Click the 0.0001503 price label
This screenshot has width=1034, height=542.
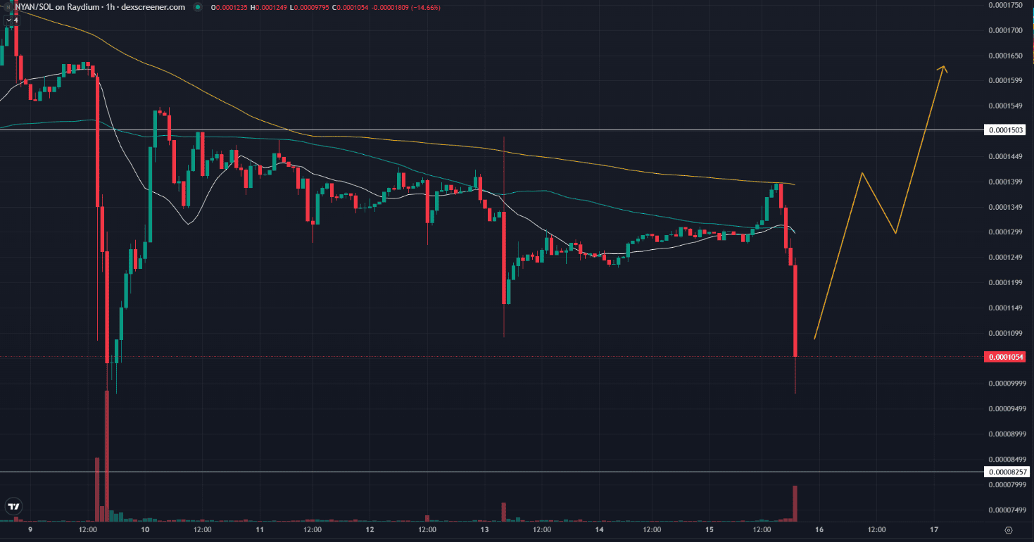tap(1006, 130)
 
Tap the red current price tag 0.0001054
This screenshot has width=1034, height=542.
tap(1006, 358)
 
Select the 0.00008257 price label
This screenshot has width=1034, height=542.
tap(1006, 472)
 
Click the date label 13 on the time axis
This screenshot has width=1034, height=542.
tap(484, 529)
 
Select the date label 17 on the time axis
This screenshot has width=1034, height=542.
tap(934, 529)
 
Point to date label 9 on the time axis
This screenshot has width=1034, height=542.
tap(30, 529)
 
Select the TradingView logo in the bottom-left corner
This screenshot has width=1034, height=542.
tap(13, 506)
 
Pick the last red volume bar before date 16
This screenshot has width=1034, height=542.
tap(795, 503)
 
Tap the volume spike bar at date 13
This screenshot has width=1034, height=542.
tap(504, 512)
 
